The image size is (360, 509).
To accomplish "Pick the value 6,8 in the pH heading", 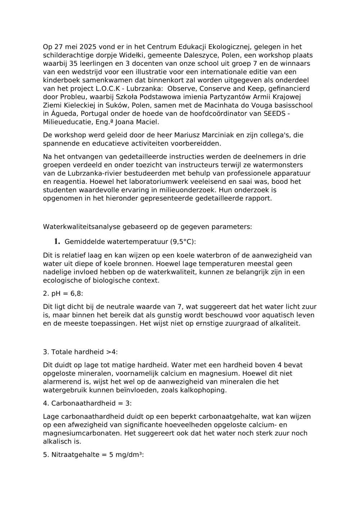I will coord(76,294).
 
